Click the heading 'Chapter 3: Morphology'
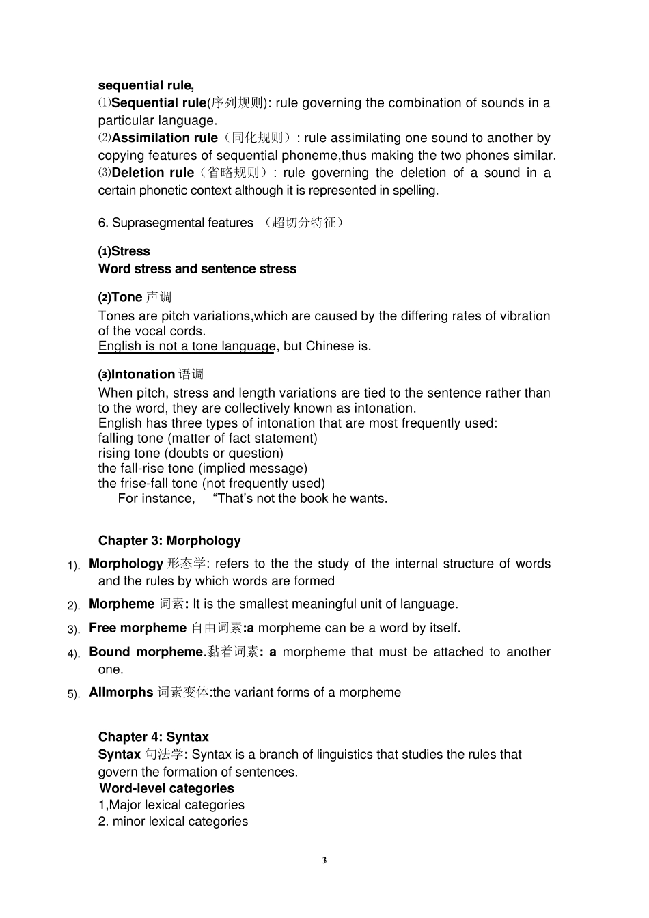point(169,540)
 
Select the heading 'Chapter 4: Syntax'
point(153,736)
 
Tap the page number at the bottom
point(324,860)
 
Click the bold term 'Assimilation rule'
point(165,138)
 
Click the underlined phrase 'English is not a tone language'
point(187,346)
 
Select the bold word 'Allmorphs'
point(121,693)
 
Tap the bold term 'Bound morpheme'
point(146,652)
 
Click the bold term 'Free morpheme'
point(137,628)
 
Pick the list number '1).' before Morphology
point(74,566)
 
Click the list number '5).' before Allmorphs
point(74,694)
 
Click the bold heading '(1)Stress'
point(124,251)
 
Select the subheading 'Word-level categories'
point(167,788)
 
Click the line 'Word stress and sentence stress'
point(197,269)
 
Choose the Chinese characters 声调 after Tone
point(158,297)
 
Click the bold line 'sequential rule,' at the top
point(146,85)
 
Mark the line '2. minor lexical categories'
point(173,822)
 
